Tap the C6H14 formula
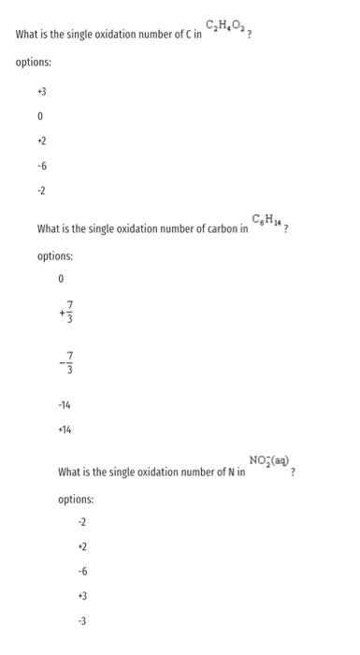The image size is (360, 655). [x=271, y=220]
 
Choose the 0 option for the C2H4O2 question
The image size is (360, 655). [x=40, y=118]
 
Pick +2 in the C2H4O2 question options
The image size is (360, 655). [x=41, y=142]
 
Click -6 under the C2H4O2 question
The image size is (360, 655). [x=41, y=167]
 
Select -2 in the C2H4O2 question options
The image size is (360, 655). [x=41, y=191]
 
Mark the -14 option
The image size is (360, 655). [x=65, y=404]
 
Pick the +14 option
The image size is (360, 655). [x=65, y=429]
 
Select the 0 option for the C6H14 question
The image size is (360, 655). [x=61, y=279]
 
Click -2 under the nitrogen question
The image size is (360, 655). [x=82, y=521]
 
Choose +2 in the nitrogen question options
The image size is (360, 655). [x=82, y=546]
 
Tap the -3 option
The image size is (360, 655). [x=82, y=619]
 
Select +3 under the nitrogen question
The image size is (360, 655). [x=82, y=594]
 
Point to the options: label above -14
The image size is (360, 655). [x=56, y=255]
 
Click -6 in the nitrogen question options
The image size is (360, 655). [x=82, y=570]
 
